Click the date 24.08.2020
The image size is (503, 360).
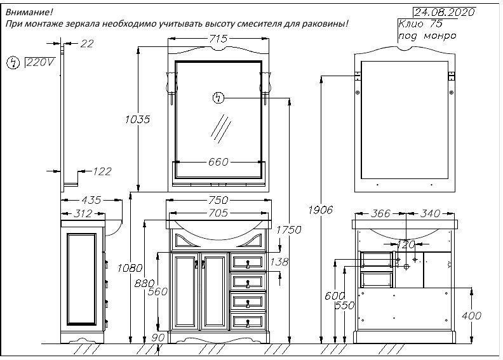(445, 12)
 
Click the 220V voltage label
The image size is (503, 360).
(41, 62)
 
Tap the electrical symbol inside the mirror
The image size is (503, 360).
(218, 97)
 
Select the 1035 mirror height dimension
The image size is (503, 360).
(137, 119)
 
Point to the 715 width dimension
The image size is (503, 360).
(218, 39)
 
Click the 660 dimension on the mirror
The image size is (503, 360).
(218, 162)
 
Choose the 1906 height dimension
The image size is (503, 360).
(321, 210)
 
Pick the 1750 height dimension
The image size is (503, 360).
(289, 230)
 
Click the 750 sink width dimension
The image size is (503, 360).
(218, 200)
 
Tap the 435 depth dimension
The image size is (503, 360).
(91, 200)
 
